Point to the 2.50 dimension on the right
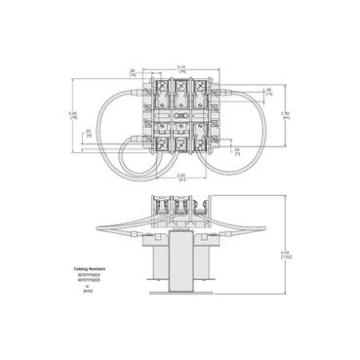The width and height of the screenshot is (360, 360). pyautogui.click(x=286, y=115)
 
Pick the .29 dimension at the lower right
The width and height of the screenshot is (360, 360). pyautogui.click(x=237, y=149)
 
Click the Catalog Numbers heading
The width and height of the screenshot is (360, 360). pyautogui.click(x=90, y=265)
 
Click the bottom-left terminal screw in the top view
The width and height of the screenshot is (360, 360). pyautogui.click(x=155, y=145)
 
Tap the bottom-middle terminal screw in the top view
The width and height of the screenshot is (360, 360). pyautogui.click(x=180, y=145)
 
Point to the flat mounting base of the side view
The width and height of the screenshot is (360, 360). pyautogui.click(x=180, y=295)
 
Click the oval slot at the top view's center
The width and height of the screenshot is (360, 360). pyautogui.click(x=180, y=115)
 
